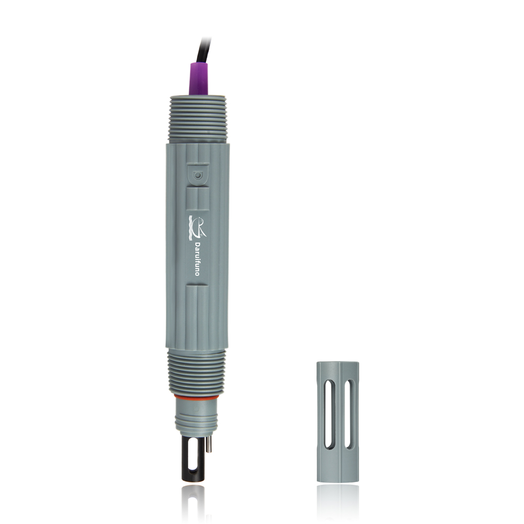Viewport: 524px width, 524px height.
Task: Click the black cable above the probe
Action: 203,51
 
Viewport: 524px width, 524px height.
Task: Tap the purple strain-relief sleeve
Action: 199,79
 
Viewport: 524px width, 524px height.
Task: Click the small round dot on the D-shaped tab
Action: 198,176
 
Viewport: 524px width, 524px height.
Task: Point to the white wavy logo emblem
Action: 197,227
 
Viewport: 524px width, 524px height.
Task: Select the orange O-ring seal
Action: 196,397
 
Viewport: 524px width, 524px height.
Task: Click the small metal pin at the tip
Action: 208,443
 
